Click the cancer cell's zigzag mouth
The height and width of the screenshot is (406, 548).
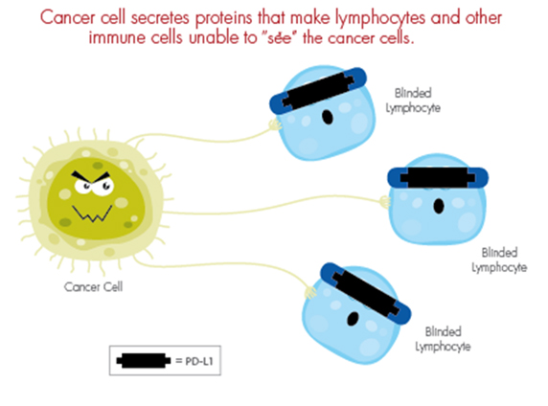tap(92, 214)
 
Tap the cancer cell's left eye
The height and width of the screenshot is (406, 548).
tap(83, 186)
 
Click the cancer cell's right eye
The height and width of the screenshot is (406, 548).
tap(103, 186)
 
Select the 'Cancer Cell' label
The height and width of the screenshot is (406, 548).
tap(93, 287)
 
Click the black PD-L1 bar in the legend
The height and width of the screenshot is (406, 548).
tap(144, 361)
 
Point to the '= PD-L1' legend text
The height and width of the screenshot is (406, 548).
tap(194, 361)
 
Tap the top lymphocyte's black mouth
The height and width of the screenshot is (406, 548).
tap(328, 117)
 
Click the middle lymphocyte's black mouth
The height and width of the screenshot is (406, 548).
tap(439, 206)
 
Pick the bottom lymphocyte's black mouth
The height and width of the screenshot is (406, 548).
tap(353, 318)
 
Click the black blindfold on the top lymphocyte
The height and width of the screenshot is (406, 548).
tap(319, 91)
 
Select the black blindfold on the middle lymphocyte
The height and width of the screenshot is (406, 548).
tap(438, 177)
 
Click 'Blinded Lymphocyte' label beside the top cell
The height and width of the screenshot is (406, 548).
tap(413, 101)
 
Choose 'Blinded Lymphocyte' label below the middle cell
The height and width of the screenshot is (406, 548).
tap(499, 259)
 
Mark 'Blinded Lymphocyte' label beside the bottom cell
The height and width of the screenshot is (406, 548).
tap(443, 339)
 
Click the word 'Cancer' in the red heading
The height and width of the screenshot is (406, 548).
tap(67, 17)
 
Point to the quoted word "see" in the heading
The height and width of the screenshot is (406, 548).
tap(279, 37)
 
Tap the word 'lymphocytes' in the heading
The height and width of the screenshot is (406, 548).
tap(380, 19)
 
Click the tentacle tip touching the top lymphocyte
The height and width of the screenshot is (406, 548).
tap(275, 124)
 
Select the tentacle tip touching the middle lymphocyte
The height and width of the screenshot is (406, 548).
tap(385, 202)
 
